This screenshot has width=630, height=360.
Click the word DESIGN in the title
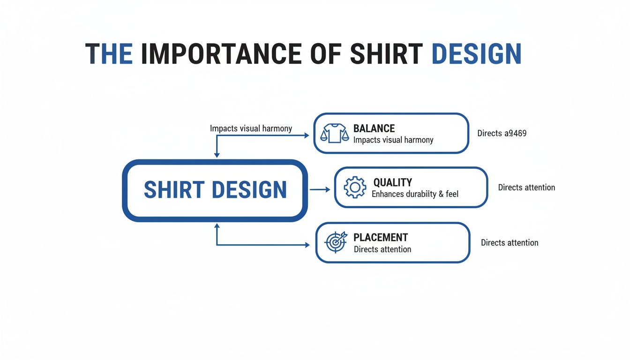coord(476,54)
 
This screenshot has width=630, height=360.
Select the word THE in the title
coord(109,54)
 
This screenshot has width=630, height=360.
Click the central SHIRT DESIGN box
coord(215,190)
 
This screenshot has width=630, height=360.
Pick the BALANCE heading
coord(374,128)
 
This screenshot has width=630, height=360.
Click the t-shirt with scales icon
coord(334,133)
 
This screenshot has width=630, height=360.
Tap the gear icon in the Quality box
coord(355,187)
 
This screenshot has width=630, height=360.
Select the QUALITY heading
coord(392,182)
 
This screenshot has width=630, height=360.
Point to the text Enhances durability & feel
coord(415,194)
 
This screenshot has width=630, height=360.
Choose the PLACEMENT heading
coord(381,237)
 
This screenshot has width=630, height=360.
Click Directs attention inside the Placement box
coord(382,249)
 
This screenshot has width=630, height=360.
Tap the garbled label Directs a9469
coord(502,133)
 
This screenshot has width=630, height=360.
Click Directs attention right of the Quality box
coord(526,187)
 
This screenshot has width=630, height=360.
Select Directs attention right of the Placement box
coord(510,243)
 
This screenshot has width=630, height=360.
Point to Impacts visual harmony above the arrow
coord(251,128)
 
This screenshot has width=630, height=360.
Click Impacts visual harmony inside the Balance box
coord(393,140)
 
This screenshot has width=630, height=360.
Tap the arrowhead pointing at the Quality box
coord(328,189)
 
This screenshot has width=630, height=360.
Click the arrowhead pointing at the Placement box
coord(307,245)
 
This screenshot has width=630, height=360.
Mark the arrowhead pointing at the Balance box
coord(307,135)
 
